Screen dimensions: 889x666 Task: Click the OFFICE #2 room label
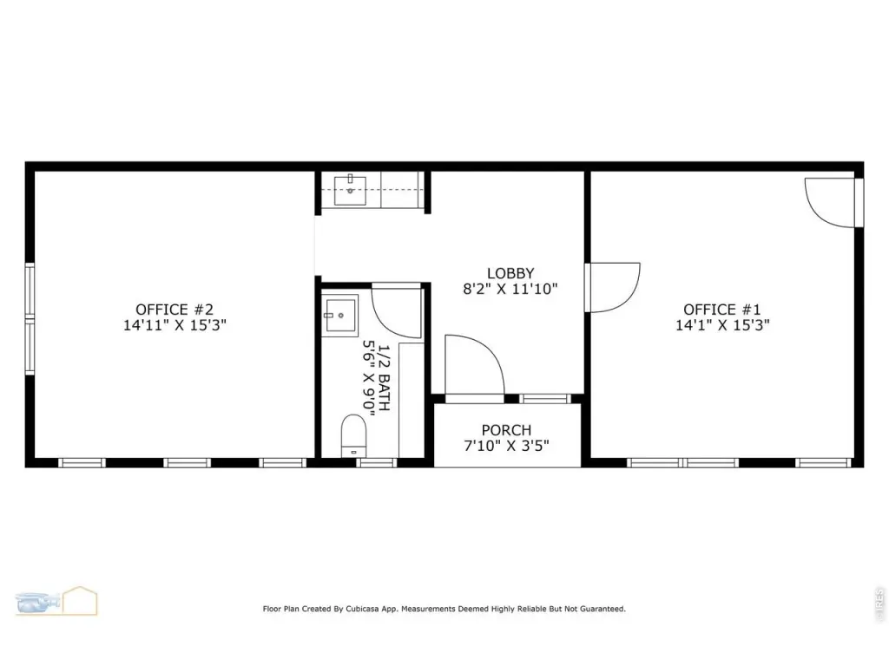(175, 310)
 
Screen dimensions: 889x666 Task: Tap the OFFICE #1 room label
(721, 310)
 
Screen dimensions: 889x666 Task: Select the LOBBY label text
(510, 273)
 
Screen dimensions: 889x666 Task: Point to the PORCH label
(506, 430)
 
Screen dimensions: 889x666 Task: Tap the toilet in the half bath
(354, 435)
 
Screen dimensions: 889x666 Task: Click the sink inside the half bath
(340, 316)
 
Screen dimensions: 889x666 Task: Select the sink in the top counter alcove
(350, 191)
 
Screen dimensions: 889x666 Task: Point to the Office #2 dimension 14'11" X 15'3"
(175, 325)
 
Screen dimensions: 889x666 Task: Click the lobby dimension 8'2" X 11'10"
(510, 289)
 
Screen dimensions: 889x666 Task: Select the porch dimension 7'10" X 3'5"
(506, 446)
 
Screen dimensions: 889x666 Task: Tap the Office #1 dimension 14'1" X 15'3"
(721, 325)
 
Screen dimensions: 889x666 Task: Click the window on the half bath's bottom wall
(377, 463)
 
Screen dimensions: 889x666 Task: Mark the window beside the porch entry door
(545, 399)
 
